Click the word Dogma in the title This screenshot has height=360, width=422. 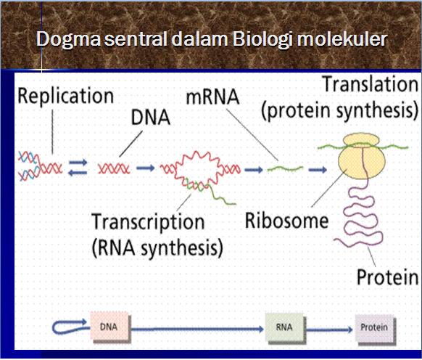69,40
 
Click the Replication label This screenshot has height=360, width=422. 65,97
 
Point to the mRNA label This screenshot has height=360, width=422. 212,97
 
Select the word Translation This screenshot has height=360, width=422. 371,84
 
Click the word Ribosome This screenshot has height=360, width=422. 286,221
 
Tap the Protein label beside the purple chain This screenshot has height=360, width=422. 387,277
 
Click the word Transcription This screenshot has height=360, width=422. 148,222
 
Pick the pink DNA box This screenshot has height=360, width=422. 109,327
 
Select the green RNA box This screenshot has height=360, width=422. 284,327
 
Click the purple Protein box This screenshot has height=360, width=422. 374,327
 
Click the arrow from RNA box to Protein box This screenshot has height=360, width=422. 329,330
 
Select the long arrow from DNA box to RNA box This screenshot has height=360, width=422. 197,329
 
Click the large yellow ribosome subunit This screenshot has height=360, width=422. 362,162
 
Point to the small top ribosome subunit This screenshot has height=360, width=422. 361,140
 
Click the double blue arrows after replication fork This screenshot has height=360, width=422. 78,167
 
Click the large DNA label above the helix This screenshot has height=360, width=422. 150,118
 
